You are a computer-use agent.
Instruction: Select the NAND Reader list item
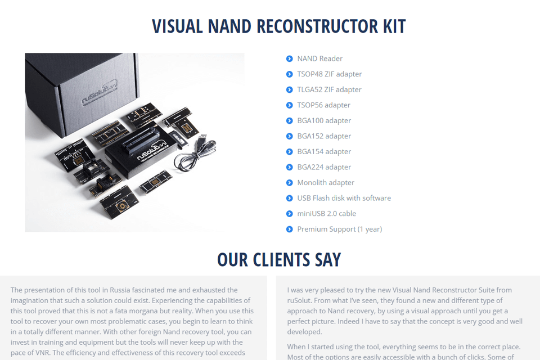(x=319, y=58)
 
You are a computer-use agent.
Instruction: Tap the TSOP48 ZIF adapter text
(x=329, y=74)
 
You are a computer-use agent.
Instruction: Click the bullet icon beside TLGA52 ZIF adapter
(x=290, y=89)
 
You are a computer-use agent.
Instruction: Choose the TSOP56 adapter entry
(x=323, y=105)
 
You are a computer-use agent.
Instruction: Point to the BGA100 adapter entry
(x=324, y=120)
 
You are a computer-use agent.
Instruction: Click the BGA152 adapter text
(x=324, y=136)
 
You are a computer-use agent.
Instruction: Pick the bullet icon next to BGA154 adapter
(x=290, y=151)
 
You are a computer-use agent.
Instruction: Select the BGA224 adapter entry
(x=324, y=167)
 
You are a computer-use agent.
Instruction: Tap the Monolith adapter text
(x=326, y=182)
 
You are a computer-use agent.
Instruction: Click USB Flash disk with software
(x=344, y=198)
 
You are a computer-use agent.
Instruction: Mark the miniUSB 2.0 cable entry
(x=326, y=214)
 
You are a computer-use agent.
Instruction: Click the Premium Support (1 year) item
(x=339, y=229)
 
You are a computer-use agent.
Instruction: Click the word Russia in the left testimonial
(x=120, y=290)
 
